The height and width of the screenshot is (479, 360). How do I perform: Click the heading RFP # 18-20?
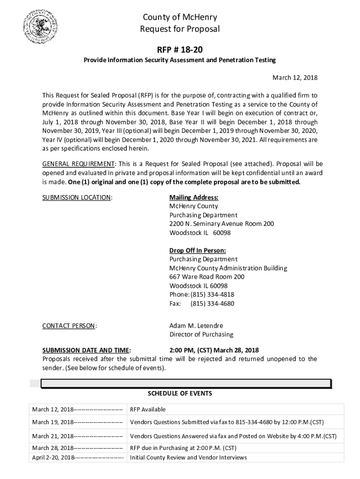point(180,50)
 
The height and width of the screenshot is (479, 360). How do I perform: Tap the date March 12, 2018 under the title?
point(295,77)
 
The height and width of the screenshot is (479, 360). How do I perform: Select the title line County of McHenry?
point(180,18)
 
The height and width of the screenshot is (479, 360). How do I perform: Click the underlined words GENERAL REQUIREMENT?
point(79,164)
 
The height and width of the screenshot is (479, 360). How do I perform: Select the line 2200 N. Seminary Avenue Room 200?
point(221,224)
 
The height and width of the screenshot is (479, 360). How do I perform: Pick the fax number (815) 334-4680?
point(212,304)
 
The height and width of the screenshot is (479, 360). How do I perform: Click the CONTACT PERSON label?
point(70,326)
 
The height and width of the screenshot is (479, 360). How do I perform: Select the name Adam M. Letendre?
point(196,326)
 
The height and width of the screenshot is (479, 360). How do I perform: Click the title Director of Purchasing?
point(201,334)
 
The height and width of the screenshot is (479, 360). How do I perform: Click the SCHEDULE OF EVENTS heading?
point(180,393)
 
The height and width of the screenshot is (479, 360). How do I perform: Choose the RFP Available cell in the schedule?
point(148,409)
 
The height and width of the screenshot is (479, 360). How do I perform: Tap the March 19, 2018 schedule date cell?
point(77,422)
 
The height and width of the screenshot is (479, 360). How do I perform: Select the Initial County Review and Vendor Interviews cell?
point(188,457)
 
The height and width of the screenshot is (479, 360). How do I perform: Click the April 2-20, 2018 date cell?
point(78,457)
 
